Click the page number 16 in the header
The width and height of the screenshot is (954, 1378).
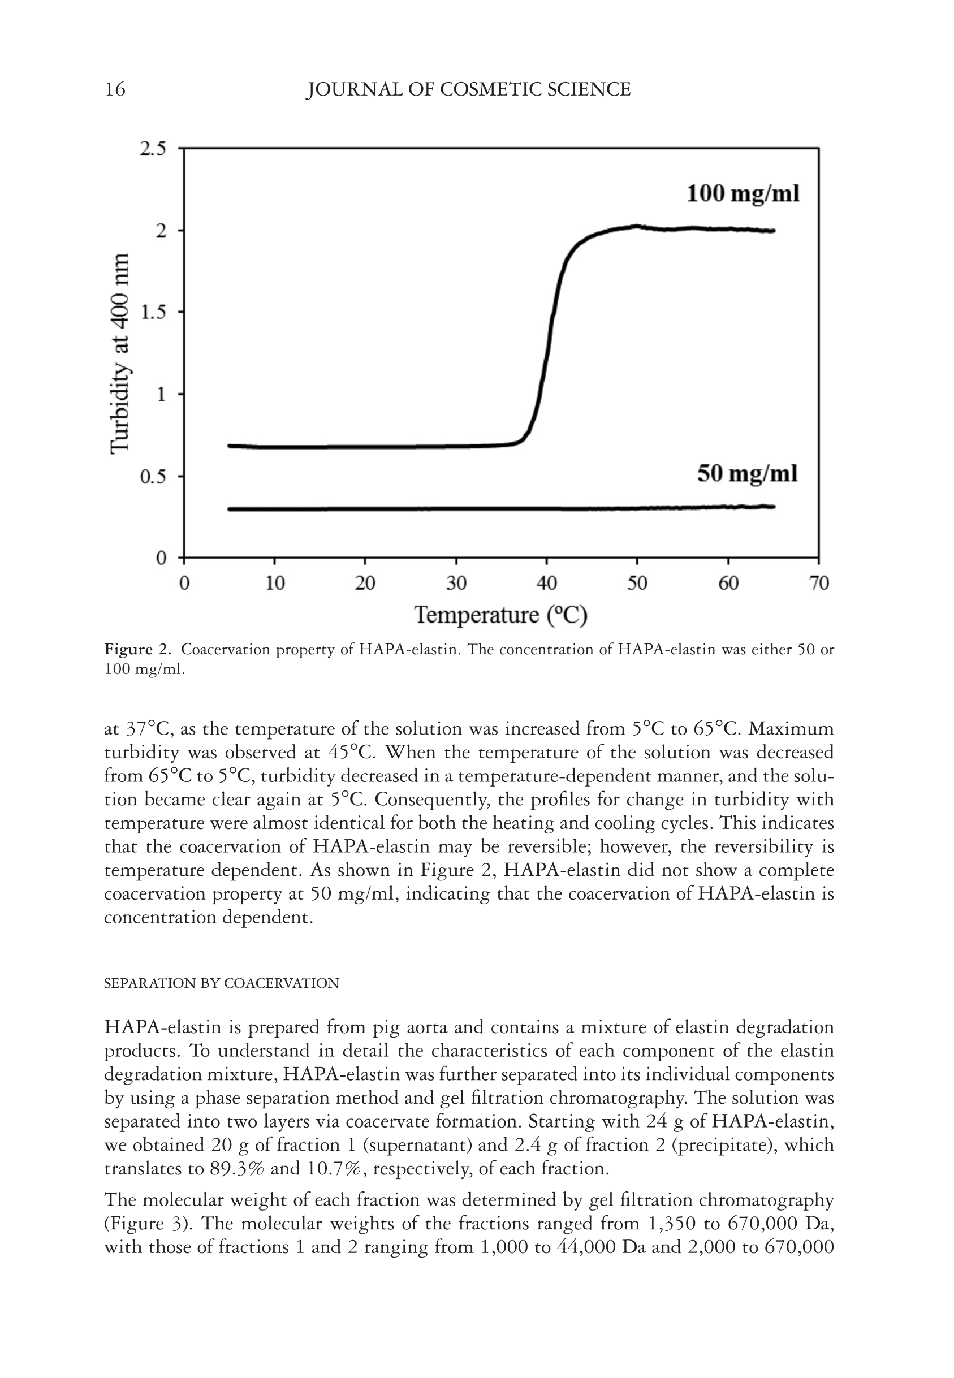click(115, 90)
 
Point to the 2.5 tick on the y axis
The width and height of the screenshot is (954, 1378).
click(153, 149)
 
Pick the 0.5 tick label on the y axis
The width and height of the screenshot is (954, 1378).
click(153, 477)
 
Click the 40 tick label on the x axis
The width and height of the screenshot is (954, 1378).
click(546, 583)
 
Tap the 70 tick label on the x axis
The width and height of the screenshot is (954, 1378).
click(819, 583)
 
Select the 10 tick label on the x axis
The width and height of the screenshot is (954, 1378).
click(274, 583)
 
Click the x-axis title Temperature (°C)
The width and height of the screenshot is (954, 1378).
click(501, 615)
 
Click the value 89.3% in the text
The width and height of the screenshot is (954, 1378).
click(238, 1169)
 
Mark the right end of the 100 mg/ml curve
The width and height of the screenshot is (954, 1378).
click(774, 231)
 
